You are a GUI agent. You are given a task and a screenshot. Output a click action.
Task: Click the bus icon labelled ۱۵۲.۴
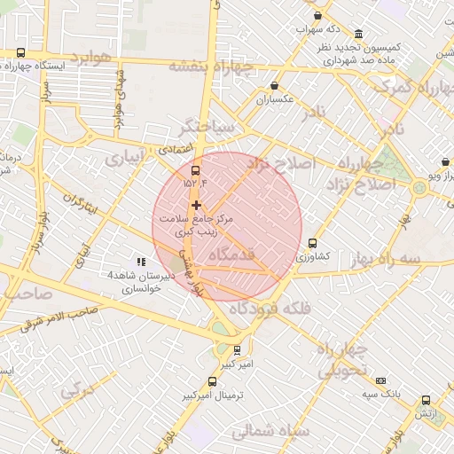196,172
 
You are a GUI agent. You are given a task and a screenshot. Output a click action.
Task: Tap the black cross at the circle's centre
196,205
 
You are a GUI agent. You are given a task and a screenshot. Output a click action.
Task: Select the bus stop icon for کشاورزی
312,243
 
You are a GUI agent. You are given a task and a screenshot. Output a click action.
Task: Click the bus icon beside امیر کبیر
237,350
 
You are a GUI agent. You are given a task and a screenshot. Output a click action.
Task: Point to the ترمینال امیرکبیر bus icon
211,382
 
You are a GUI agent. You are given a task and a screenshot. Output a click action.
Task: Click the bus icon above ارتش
427,400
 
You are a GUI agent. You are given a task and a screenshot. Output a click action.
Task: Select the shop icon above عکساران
275,87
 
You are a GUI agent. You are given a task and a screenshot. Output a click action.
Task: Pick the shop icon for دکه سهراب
317,16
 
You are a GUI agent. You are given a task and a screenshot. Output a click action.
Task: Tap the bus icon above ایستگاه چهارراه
20,52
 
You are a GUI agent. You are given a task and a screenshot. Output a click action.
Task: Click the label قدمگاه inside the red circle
231,255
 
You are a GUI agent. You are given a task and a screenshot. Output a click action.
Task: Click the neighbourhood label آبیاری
124,158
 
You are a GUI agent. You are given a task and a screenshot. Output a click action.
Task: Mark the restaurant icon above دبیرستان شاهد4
130,262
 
